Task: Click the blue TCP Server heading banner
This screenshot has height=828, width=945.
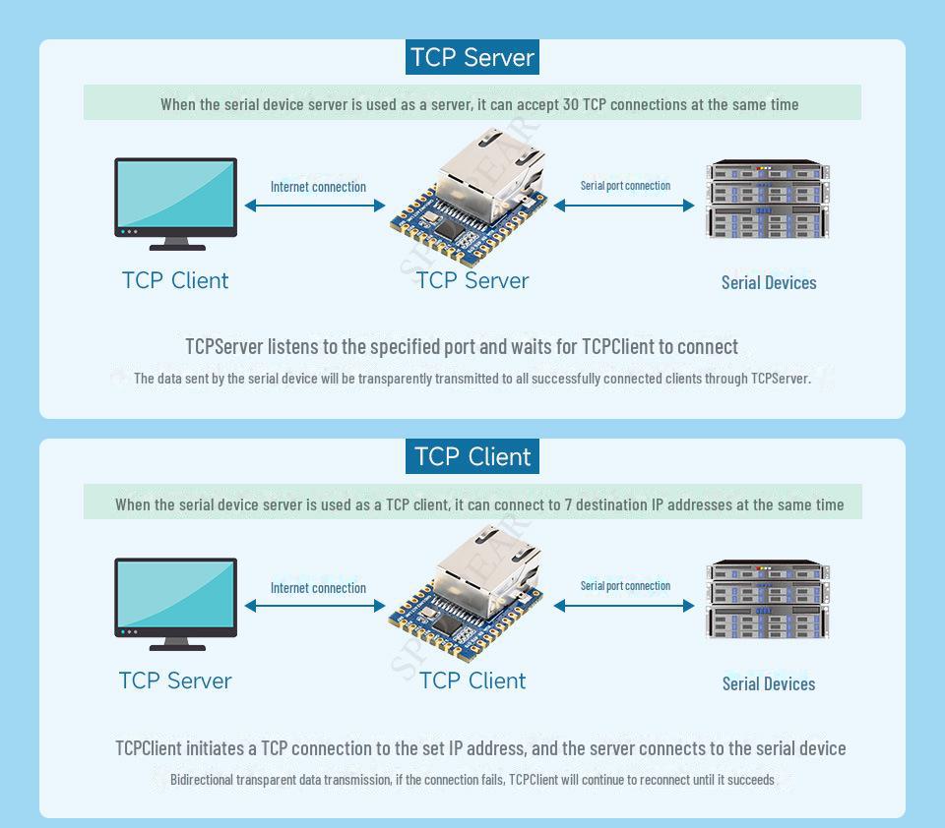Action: coord(472,57)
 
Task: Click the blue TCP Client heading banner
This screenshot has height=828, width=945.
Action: coord(472,456)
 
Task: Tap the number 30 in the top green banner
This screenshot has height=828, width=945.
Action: coord(571,105)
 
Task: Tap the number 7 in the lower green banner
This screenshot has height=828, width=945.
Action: coord(568,504)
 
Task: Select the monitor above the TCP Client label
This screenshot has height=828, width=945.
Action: coord(176,205)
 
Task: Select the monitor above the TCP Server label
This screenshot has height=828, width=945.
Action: coord(176,604)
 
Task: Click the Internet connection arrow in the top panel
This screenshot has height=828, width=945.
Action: coord(315,206)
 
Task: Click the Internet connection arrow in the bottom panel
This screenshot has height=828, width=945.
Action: coord(315,606)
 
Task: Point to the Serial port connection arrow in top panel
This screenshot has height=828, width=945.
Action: coord(624,206)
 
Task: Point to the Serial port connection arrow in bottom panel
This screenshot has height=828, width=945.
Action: coord(624,606)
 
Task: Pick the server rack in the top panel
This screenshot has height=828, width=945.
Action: coord(768,200)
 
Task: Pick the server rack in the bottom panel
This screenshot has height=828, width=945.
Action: coord(768,599)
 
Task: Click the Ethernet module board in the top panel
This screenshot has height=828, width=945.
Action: coord(469,198)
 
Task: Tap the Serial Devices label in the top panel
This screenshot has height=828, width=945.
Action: coord(769,283)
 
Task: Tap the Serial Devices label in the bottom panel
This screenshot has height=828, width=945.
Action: coord(769,684)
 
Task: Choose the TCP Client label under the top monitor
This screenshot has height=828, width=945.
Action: coord(175,280)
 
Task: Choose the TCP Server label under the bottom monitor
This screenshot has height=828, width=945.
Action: coord(175,681)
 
